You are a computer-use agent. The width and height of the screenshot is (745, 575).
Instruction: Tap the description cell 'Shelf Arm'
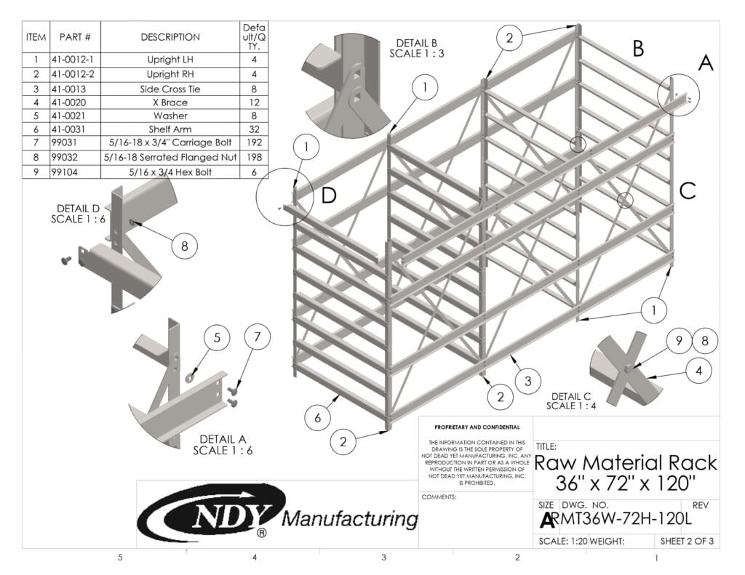click(170, 129)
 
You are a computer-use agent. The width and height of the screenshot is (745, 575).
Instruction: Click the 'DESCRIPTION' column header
click(170, 37)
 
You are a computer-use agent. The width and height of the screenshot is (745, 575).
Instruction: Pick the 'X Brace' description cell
click(170, 102)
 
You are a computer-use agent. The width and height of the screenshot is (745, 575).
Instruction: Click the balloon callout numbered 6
click(318, 417)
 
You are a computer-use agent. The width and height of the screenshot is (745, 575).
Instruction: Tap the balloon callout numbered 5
click(217, 338)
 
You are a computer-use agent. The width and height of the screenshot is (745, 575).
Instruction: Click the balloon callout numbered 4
click(698, 370)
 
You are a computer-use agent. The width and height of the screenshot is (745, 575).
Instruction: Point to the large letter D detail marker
click(329, 196)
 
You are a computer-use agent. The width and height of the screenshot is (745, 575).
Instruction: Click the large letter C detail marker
click(688, 191)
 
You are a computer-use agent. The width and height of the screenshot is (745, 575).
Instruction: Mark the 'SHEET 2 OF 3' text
click(685, 541)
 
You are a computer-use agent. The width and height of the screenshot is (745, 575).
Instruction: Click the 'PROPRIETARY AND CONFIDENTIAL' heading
click(476, 427)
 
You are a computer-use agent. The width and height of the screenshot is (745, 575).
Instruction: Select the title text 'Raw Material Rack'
click(626, 463)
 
